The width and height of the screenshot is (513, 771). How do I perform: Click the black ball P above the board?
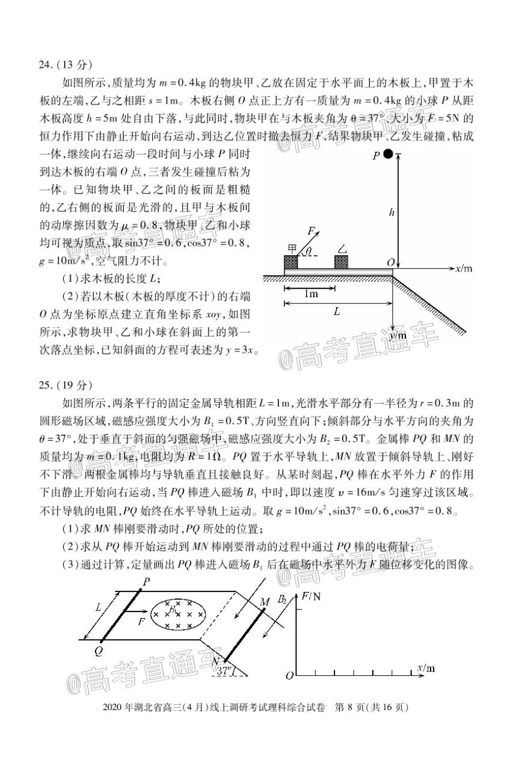coord(389,154)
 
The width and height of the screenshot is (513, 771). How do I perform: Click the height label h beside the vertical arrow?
coord(392,212)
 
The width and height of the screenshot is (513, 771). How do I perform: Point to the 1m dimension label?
coord(310,294)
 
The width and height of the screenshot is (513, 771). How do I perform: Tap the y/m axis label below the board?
coord(398,335)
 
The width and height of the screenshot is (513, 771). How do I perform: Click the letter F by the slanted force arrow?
coord(311,230)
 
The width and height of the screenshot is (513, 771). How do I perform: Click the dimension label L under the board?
coord(337,311)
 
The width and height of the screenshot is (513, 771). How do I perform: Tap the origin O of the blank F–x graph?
coord(289,675)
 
